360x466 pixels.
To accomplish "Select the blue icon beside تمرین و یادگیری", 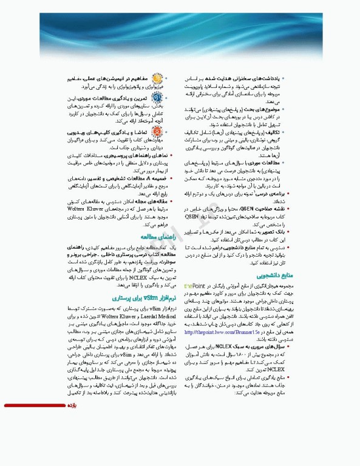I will tap(157, 101).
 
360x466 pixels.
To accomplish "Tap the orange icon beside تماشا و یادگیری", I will tap(157, 132).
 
